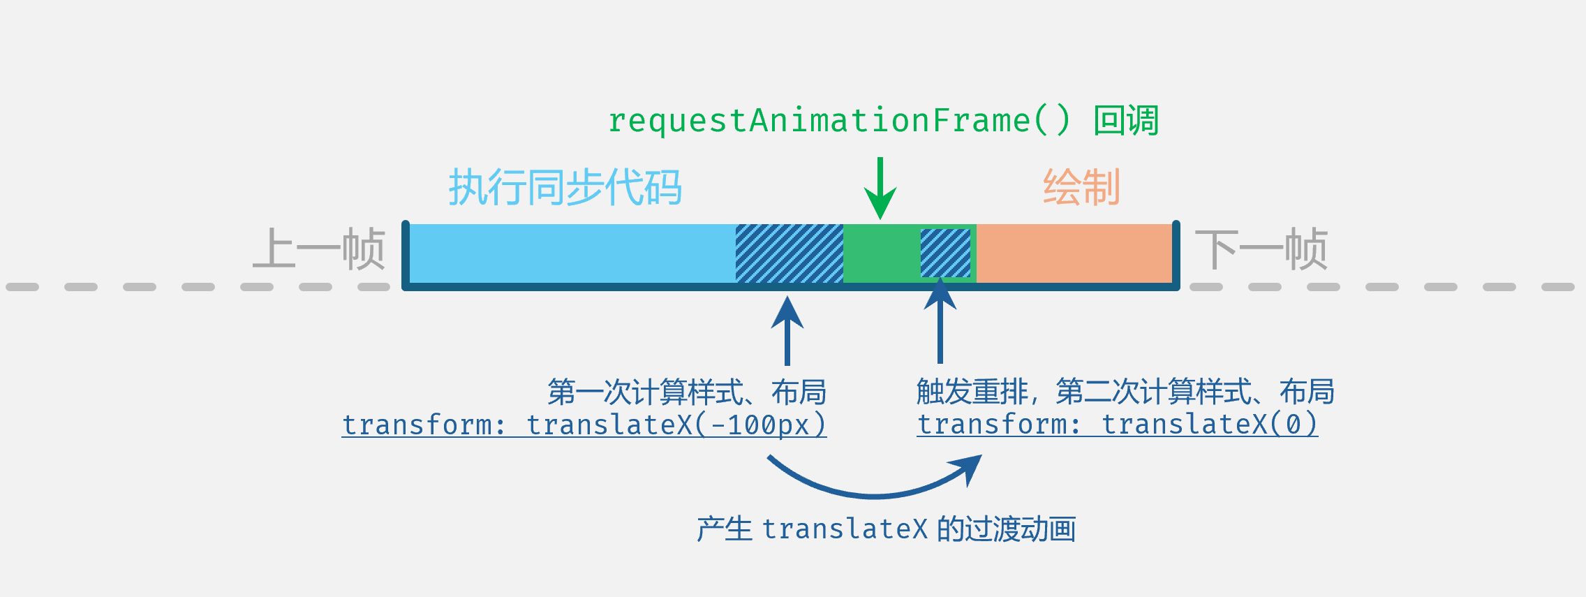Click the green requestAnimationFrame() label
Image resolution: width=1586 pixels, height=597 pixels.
[x=838, y=121]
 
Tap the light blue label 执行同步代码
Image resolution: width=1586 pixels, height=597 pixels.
[x=565, y=187]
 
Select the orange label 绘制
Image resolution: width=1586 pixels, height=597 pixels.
[x=1081, y=187]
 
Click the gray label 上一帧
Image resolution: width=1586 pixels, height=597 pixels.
[x=319, y=249]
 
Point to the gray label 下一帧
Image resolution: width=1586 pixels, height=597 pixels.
[x=1261, y=249]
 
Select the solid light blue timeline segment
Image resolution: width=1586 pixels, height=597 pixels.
[x=572, y=253]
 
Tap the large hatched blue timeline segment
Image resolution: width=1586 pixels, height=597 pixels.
[x=790, y=253]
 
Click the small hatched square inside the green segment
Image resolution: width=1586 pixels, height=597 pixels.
[x=945, y=253]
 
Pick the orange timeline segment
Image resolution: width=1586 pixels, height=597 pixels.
[x=1074, y=253]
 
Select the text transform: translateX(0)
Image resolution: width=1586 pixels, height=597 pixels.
[x=1117, y=425]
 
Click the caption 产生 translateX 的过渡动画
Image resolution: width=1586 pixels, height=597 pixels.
[x=886, y=529]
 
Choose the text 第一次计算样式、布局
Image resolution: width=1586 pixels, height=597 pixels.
[x=687, y=392]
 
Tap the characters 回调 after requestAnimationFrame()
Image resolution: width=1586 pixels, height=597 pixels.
[x=1126, y=121]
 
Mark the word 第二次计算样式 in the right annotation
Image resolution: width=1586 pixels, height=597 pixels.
[x=1153, y=392]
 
